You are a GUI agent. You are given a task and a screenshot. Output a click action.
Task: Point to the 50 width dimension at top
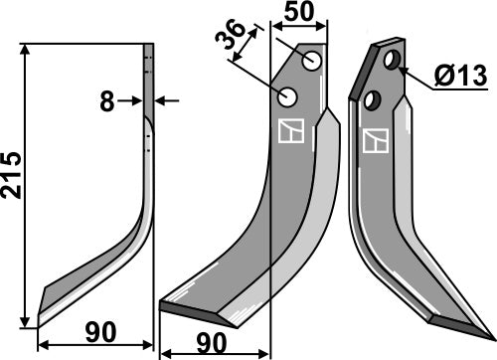click(x=299, y=14)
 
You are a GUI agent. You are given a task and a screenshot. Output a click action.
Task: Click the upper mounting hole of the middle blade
click(x=313, y=62)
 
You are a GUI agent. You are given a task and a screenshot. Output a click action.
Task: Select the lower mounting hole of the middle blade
click(x=288, y=97)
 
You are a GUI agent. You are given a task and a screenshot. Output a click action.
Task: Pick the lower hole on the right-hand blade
click(x=373, y=98)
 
